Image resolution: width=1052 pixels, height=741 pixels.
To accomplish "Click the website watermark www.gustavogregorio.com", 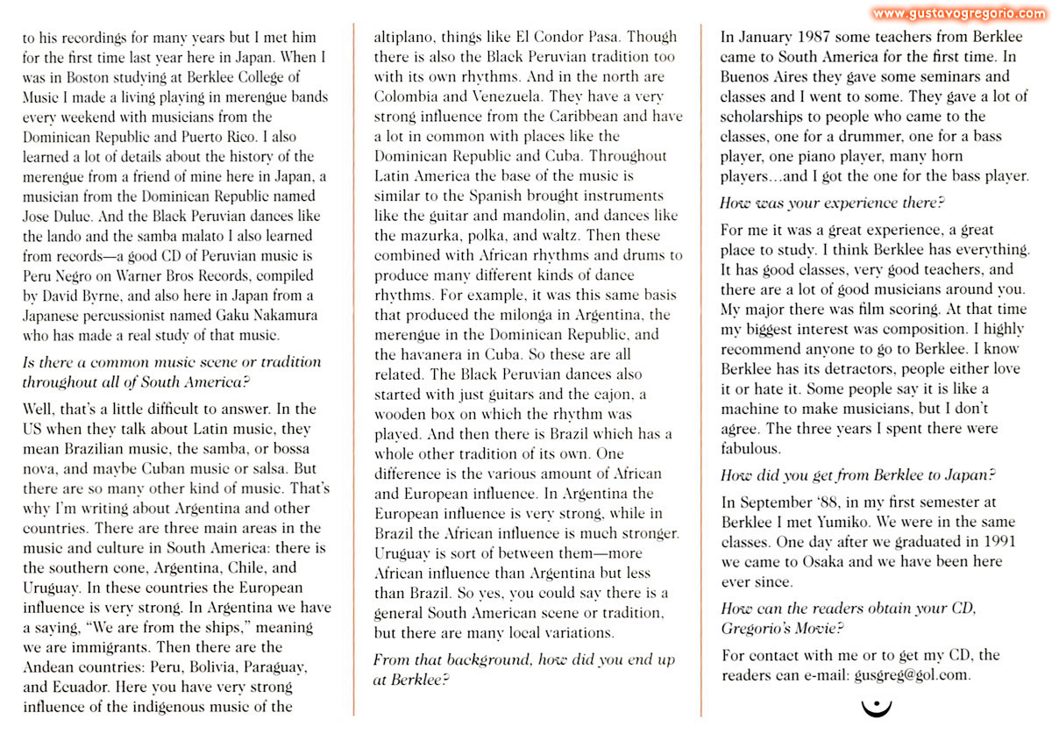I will tap(959, 13).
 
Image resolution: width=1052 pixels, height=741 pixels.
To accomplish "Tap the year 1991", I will tap(1001, 541).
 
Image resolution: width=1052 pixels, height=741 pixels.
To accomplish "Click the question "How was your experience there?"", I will tap(832, 203).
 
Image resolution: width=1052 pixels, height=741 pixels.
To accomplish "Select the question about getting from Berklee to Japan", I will tap(857, 475).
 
